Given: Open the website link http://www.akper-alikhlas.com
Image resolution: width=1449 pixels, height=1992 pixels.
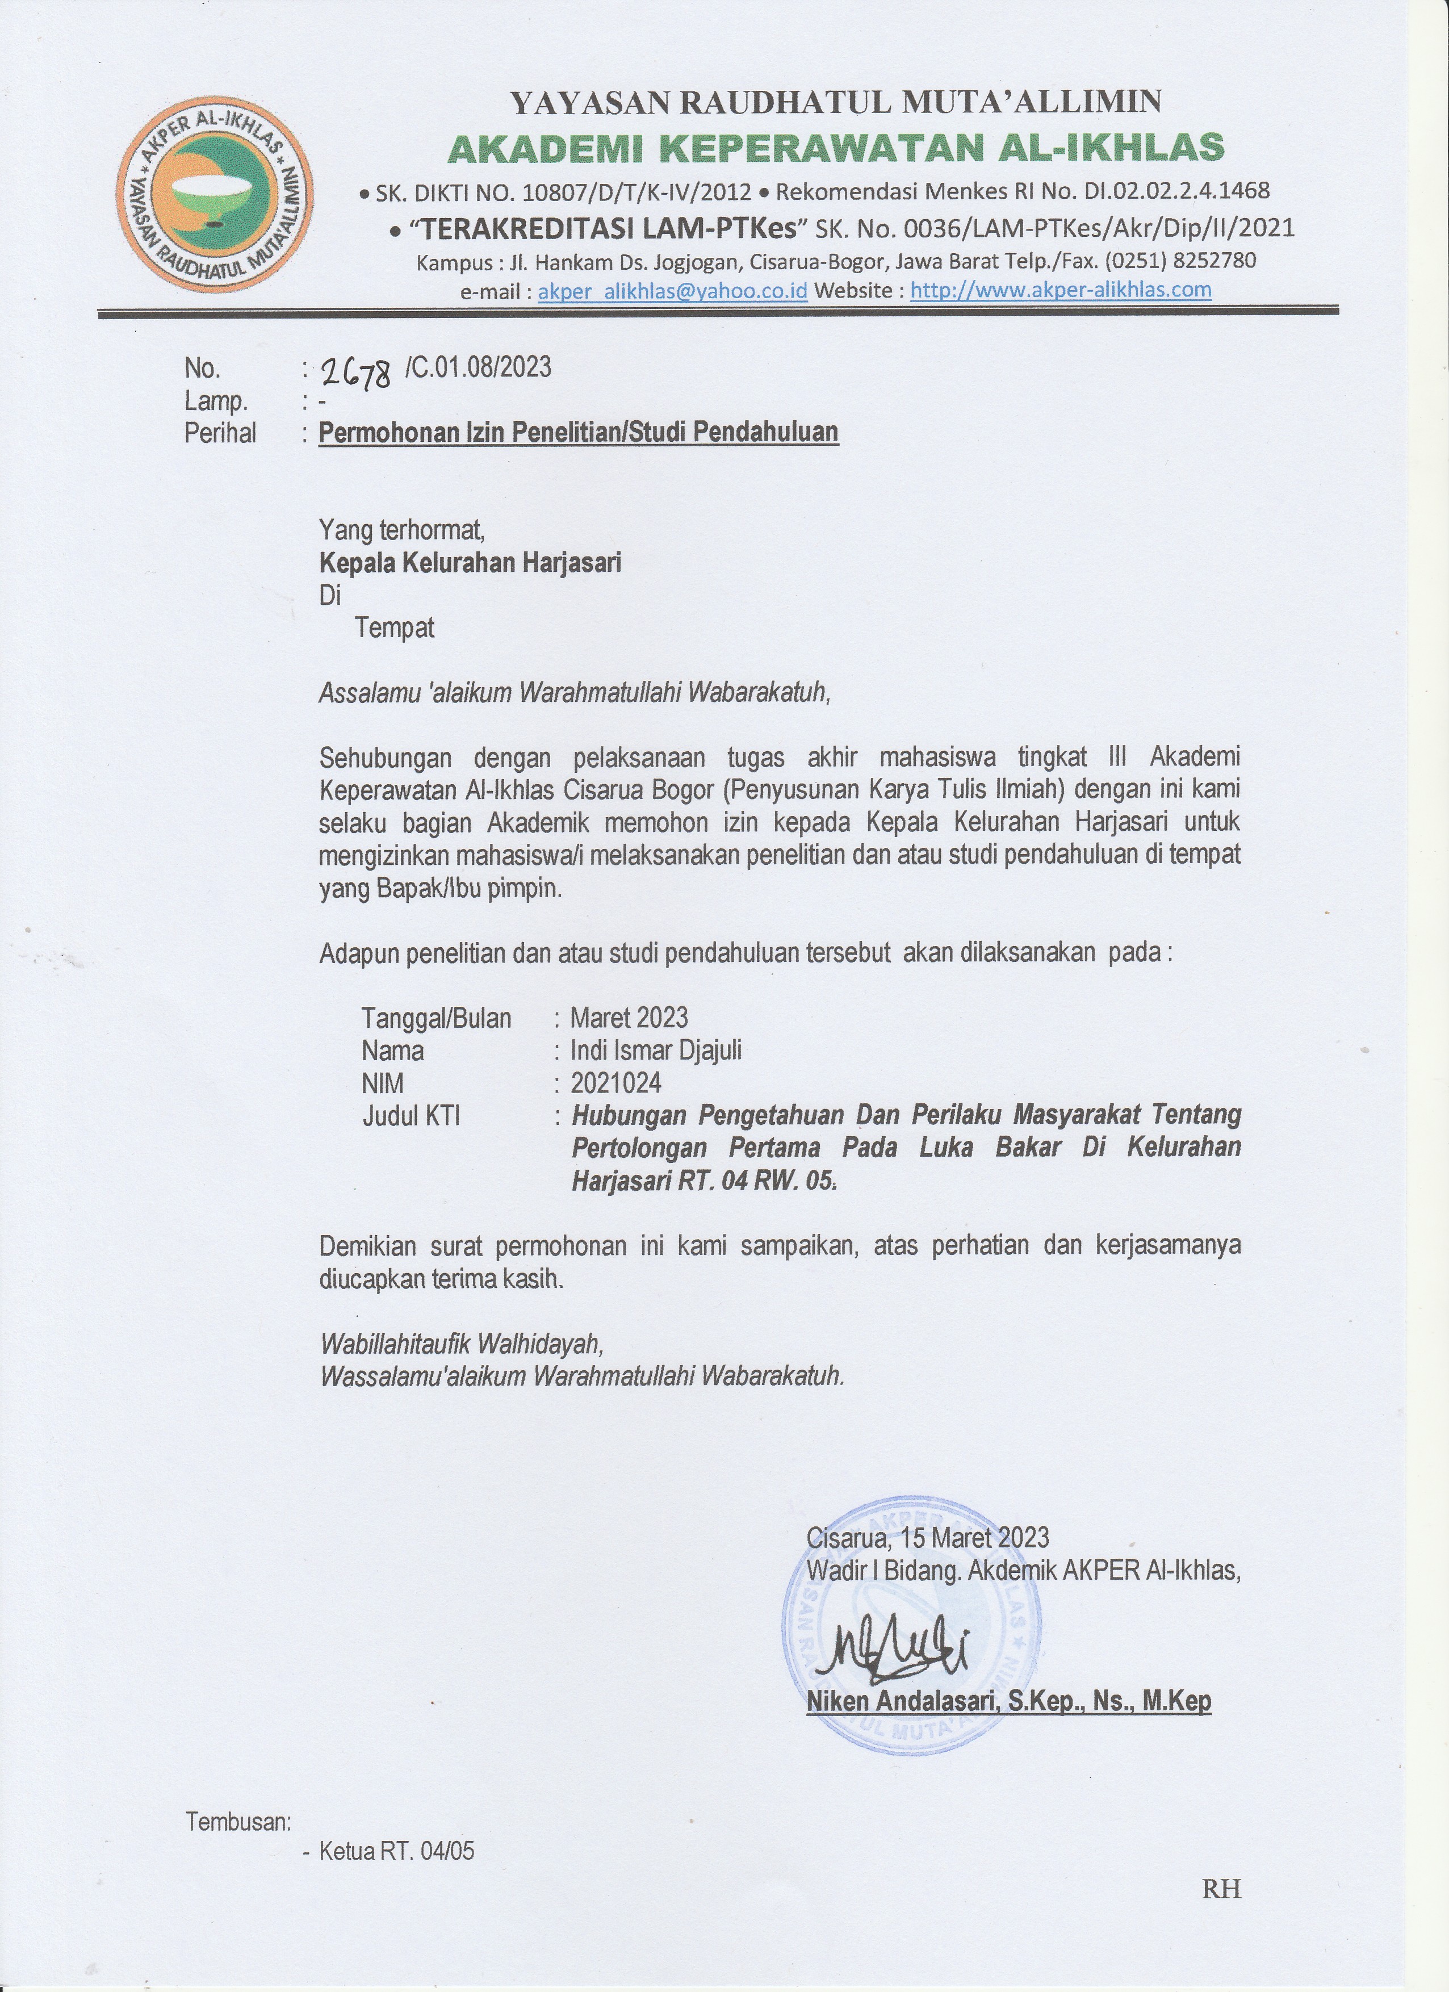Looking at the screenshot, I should [1060, 289].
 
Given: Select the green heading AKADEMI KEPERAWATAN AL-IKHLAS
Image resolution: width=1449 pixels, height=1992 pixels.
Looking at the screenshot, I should [835, 148].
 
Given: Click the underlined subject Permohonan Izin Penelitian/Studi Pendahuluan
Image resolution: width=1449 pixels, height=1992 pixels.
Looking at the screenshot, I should [578, 432].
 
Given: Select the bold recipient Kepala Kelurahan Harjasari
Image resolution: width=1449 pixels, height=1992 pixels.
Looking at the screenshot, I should [470, 562].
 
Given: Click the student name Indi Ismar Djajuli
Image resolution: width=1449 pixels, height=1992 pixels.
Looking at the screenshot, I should [655, 1051].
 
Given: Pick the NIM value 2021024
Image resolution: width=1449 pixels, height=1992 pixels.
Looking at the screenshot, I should [615, 1083].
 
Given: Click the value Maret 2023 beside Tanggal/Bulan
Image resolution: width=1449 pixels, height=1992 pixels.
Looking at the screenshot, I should [629, 1018].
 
